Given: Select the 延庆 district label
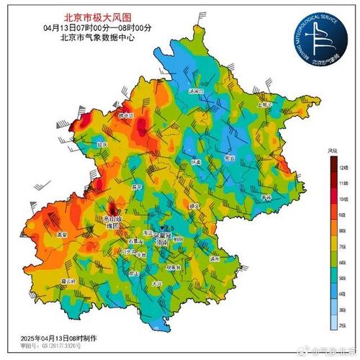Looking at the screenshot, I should pos(104,145).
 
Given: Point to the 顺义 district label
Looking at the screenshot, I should pos(194,205).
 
